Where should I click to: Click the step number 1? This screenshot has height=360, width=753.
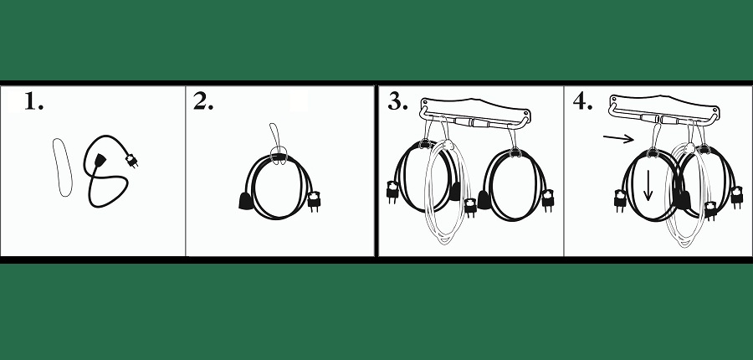33,101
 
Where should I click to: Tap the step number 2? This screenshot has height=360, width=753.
203,101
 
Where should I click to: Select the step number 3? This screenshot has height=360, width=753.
397,101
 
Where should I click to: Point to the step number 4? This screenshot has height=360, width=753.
582,101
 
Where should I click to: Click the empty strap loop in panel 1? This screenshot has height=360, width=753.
63,167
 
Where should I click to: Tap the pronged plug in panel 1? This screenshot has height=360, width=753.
131,161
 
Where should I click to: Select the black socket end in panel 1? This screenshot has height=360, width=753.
100,160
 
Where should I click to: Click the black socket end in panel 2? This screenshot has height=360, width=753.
245,201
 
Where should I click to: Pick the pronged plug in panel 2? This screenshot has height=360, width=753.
314,201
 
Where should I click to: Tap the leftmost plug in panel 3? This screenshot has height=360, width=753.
393,191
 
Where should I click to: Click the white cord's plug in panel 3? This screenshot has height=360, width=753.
470,207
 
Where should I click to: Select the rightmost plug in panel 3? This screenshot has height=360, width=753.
547,200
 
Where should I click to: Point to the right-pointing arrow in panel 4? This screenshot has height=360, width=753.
619,139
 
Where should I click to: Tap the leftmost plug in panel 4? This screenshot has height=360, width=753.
620,200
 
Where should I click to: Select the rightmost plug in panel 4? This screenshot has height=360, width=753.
736,197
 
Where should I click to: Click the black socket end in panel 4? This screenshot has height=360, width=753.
682,199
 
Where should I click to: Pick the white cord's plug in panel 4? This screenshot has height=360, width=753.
710,210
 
